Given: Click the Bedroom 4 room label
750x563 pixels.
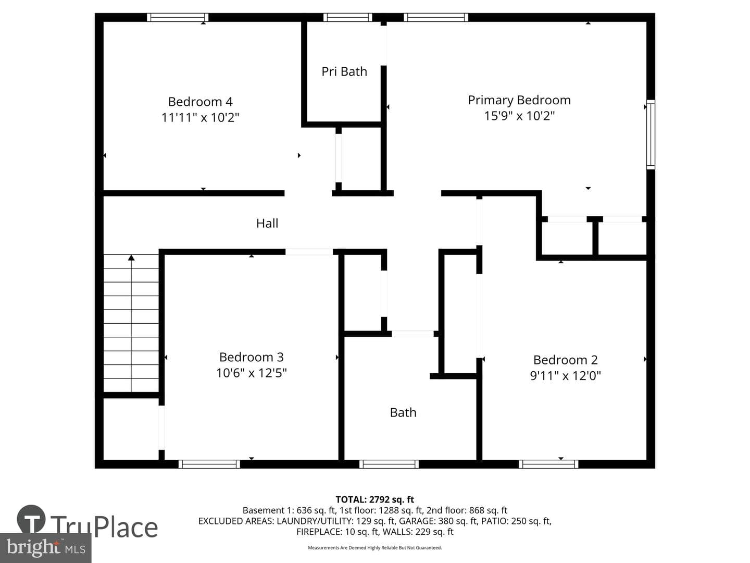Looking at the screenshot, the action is point(200,102).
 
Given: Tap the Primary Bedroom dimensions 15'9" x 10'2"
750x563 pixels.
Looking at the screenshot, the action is point(519,116).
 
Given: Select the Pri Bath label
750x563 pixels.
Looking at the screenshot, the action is point(344,71).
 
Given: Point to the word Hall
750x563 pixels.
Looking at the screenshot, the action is point(267,223).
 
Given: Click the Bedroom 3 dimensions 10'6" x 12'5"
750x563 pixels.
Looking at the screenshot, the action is point(252,373).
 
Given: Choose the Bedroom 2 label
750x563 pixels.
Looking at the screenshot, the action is point(566,360).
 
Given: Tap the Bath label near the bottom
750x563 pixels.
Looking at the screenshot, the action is point(403,412).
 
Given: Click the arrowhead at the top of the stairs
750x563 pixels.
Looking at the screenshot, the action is point(131,258).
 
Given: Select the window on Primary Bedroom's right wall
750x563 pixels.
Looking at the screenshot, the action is point(651,134).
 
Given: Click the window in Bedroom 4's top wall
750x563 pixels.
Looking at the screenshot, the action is point(178,17).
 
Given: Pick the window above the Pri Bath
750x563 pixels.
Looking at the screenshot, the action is point(348,17).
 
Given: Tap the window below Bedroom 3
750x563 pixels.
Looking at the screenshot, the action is point(209,464).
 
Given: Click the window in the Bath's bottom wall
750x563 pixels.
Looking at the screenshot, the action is point(389,464).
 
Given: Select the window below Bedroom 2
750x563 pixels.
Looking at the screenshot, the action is point(548,464).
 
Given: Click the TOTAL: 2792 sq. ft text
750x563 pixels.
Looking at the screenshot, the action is point(375,500).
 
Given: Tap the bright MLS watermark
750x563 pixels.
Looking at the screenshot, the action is point(45,547).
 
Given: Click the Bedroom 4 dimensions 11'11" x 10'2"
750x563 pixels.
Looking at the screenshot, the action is point(200,118).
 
